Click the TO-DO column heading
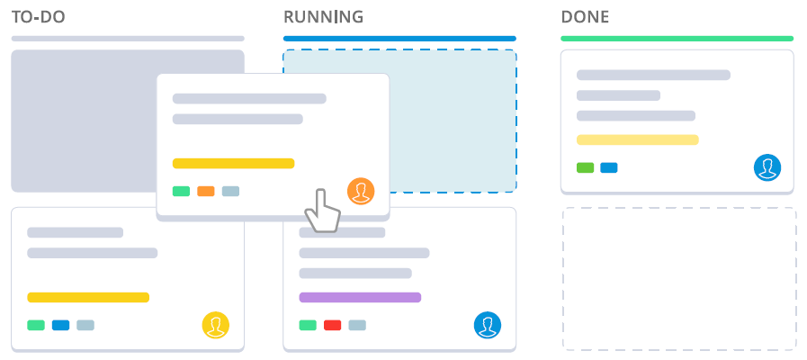[38, 17]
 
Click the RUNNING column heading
[323, 17]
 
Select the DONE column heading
[585, 17]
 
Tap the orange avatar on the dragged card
[361, 192]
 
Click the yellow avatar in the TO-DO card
[216, 325]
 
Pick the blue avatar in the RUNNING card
[488, 325]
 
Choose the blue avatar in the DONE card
[767, 167]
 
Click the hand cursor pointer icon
[322, 211]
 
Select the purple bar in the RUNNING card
[360, 297]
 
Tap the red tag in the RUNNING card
[333, 325]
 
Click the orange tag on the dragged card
[206, 191]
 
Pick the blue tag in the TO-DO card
[61, 325]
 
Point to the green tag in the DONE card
[586, 167]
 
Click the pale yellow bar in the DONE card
[637, 139]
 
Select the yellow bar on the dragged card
[233, 163]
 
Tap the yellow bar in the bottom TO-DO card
[88, 297]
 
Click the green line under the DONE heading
[677, 39]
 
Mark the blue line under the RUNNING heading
[399, 39]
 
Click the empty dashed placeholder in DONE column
[679, 279]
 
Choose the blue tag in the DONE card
[609, 167]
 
